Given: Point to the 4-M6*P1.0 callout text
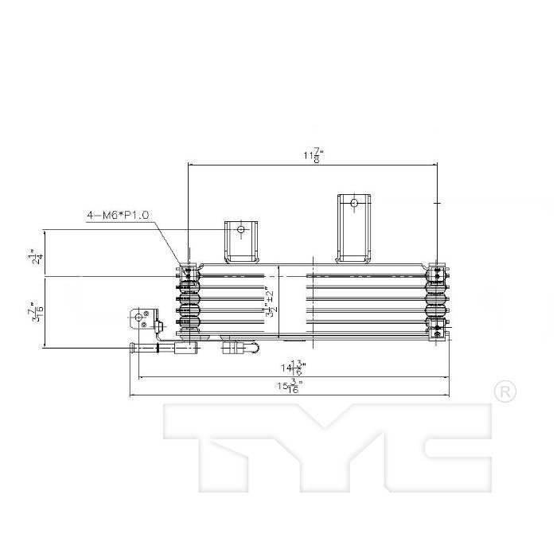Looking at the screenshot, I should [118, 215].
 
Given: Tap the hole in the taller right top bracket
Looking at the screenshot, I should [354, 203].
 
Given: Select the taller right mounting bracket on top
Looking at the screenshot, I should [355, 227].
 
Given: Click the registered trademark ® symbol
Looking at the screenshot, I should [504, 391].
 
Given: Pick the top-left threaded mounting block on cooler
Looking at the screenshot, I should [189, 274].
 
